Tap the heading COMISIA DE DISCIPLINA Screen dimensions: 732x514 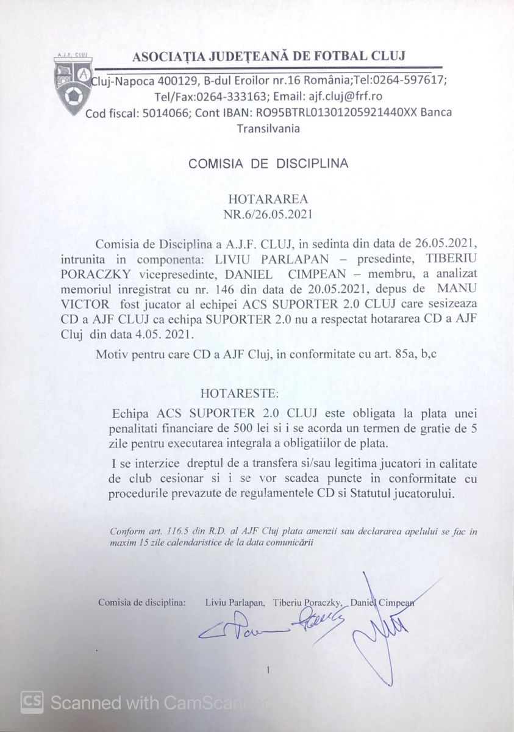click(268, 163)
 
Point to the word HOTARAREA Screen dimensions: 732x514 click(268, 199)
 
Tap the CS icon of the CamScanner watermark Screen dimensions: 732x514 click(32, 702)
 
